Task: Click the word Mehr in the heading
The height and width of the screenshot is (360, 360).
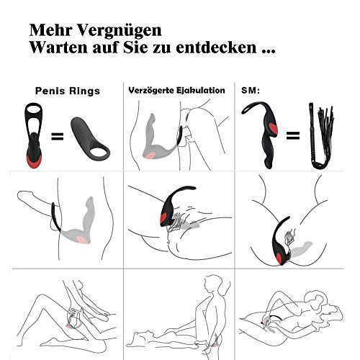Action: click(48, 32)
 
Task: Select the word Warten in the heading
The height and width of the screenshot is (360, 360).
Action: click(58, 51)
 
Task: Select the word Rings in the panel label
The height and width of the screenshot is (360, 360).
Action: click(86, 92)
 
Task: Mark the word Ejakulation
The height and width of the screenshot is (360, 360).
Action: click(202, 91)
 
